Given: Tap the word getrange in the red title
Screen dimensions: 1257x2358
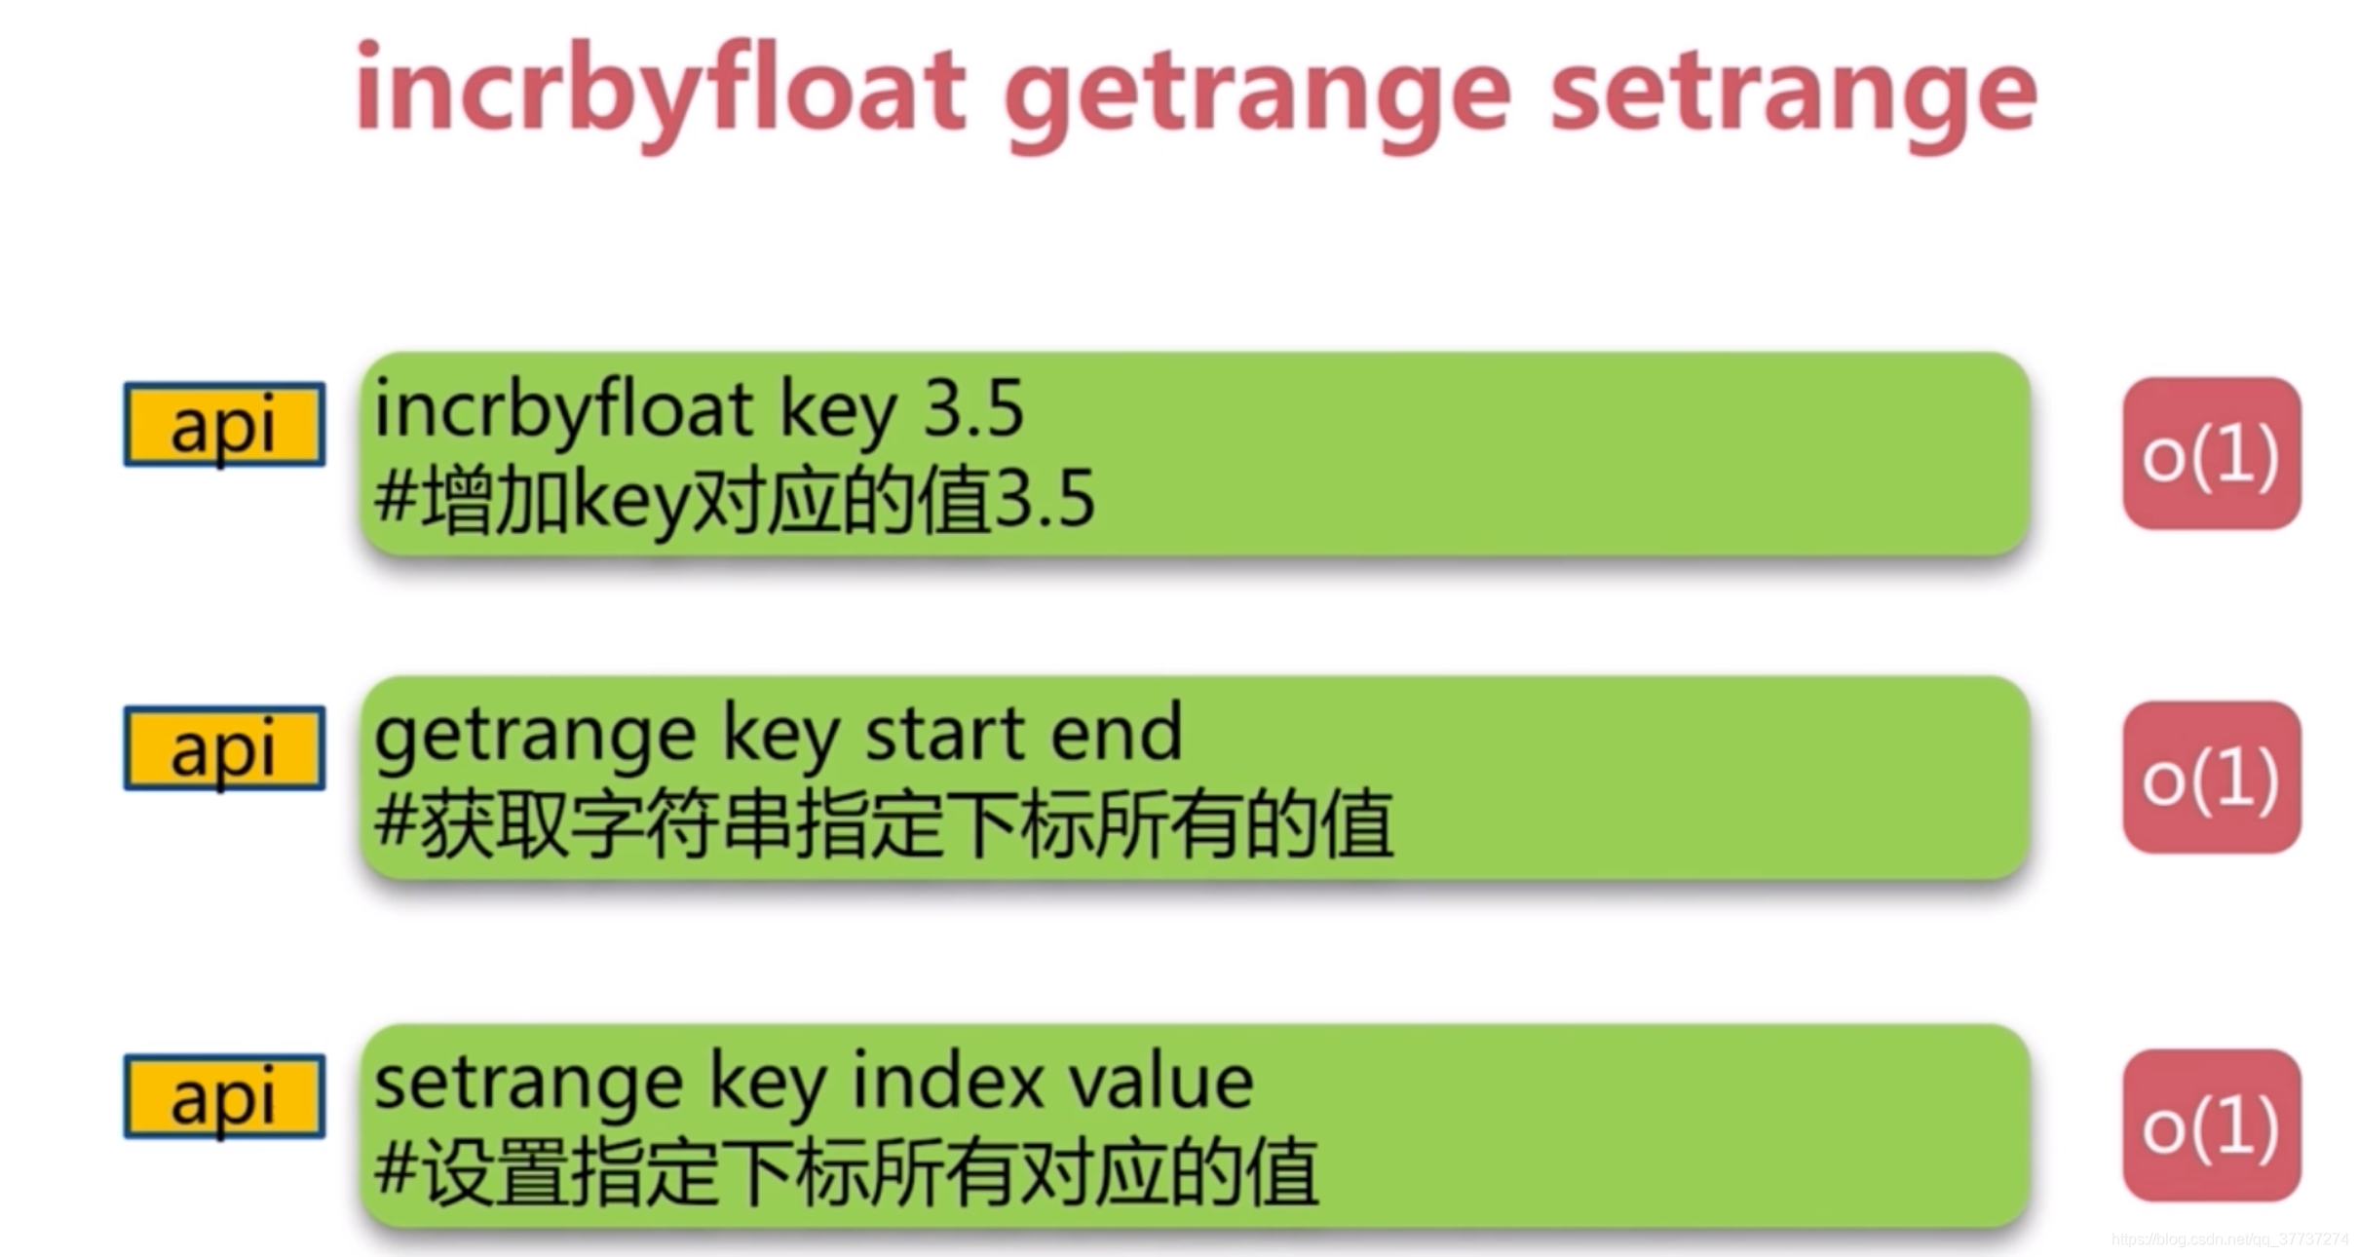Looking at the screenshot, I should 1257,95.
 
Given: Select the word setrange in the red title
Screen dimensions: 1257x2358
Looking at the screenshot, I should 1793,95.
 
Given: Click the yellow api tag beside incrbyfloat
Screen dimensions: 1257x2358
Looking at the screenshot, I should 224,425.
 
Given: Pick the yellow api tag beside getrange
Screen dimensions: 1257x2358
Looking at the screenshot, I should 224,748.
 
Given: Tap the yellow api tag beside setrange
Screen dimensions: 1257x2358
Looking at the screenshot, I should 224,1097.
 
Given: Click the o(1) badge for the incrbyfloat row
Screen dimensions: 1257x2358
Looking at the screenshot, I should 2211,454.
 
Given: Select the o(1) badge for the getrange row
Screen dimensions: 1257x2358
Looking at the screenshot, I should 2211,778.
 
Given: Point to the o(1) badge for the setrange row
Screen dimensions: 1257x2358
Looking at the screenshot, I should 2211,1126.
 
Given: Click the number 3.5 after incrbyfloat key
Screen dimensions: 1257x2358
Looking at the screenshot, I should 972,409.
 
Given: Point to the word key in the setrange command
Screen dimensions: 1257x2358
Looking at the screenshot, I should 768,1084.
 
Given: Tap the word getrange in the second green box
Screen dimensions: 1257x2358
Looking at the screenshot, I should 534,737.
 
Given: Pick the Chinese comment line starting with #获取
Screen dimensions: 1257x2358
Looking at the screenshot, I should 883,824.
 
